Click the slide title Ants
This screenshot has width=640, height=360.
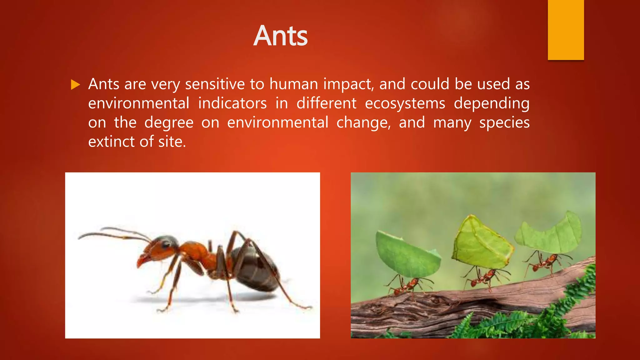point(280,36)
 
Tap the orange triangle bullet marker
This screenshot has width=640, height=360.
point(75,85)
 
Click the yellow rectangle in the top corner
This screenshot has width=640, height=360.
point(566,30)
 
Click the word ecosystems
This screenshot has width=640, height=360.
point(405,103)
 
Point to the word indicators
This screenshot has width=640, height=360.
point(232,103)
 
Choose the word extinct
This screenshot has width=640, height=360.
point(112,142)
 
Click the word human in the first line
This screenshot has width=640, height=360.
point(293,84)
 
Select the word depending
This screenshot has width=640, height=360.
point(491,103)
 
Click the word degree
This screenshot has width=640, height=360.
point(169,123)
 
